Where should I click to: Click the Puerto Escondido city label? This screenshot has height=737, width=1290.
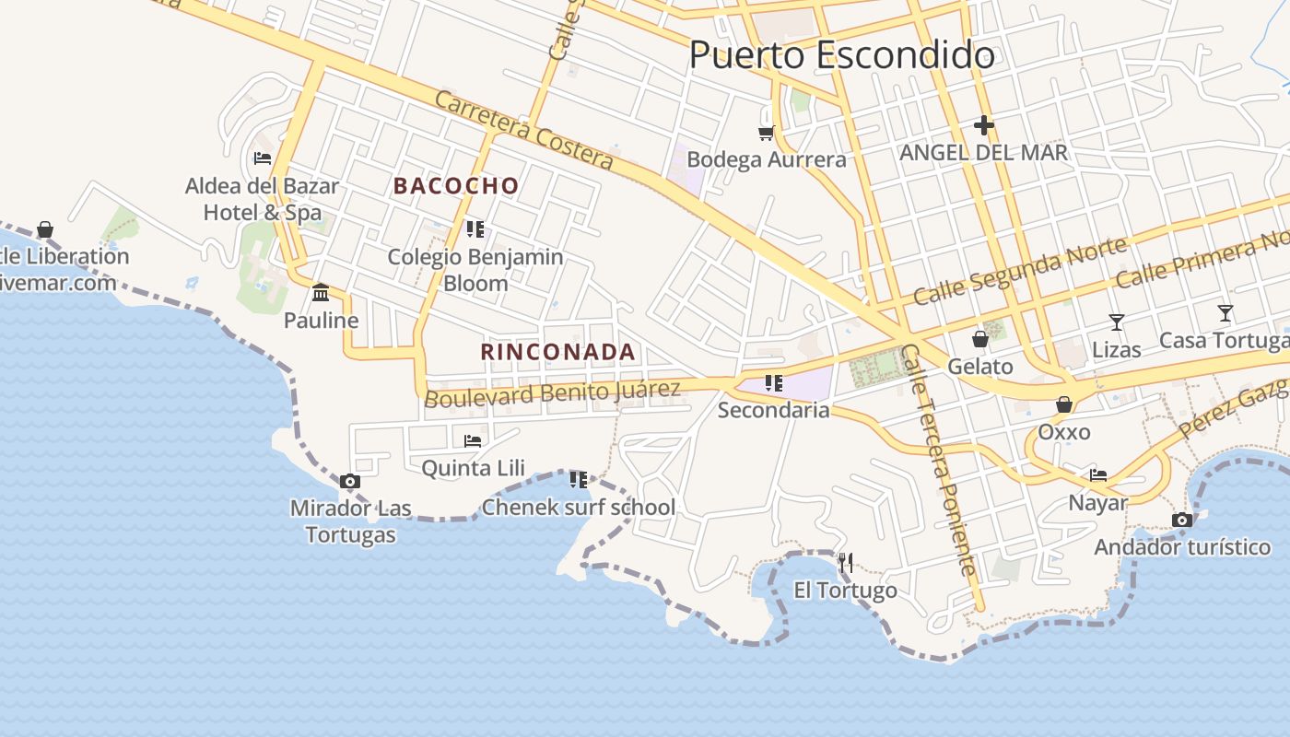(x=841, y=55)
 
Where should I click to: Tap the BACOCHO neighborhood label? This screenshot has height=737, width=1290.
(x=456, y=185)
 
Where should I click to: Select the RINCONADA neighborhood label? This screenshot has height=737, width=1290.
(x=557, y=351)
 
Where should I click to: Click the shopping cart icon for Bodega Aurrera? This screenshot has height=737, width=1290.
(x=766, y=134)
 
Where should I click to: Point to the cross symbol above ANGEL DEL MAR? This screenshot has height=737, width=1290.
(x=983, y=125)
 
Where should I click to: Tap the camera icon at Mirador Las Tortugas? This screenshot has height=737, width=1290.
(x=349, y=481)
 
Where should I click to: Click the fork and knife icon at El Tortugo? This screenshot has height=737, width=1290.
(x=845, y=562)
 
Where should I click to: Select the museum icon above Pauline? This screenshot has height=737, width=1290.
(x=321, y=293)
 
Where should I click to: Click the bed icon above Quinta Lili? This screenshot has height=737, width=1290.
(x=473, y=440)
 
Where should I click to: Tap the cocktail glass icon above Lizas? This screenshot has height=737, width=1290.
(x=1116, y=322)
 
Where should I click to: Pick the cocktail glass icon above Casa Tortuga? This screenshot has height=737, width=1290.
(x=1225, y=313)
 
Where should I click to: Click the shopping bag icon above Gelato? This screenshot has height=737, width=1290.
(x=980, y=339)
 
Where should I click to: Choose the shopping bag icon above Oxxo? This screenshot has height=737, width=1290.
(x=1063, y=404)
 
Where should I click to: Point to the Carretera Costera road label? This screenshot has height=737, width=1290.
(x=523, y=130)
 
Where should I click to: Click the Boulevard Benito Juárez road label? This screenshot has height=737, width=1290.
(x=552, y=393)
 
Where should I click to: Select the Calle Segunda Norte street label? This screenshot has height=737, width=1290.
(x=1020, y=271)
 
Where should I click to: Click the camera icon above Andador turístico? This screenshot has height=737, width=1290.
(x=1182, y=521)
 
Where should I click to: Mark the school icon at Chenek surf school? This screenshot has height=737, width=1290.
(x=578, y=479)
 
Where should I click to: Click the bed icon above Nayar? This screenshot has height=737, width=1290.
(x=1098, y=475)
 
